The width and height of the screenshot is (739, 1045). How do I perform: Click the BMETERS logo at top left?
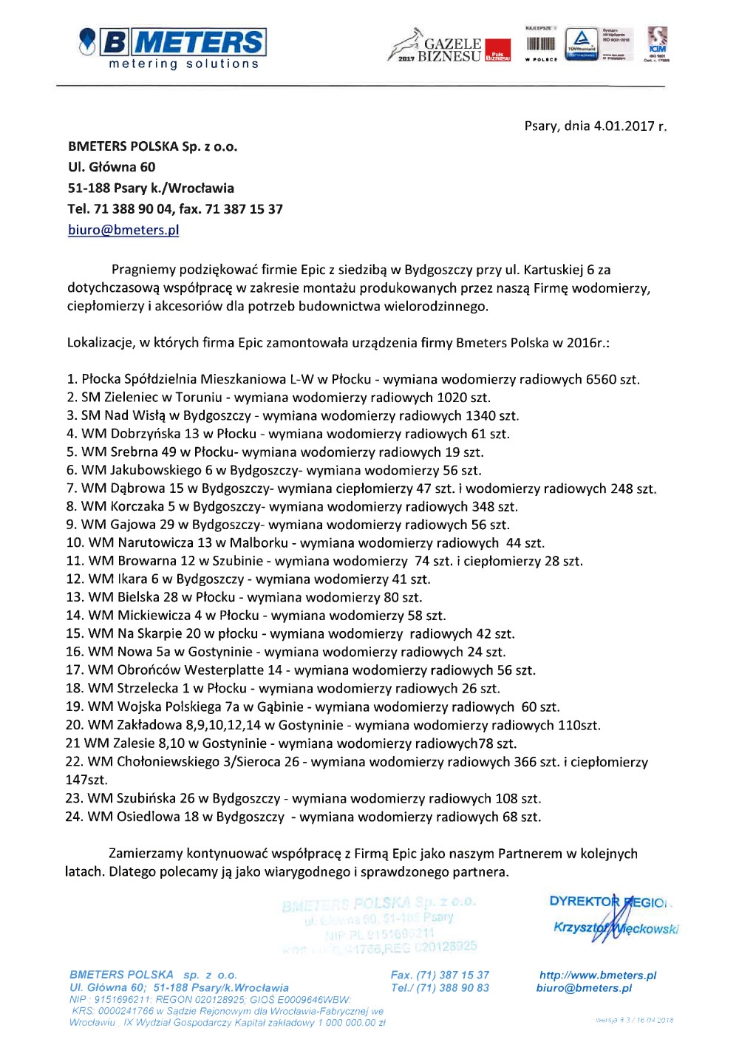173,47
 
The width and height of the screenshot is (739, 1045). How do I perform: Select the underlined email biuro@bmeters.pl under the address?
123,230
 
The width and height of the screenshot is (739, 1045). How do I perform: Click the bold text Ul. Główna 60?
112,167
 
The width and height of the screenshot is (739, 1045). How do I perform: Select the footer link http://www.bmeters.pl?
597,976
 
